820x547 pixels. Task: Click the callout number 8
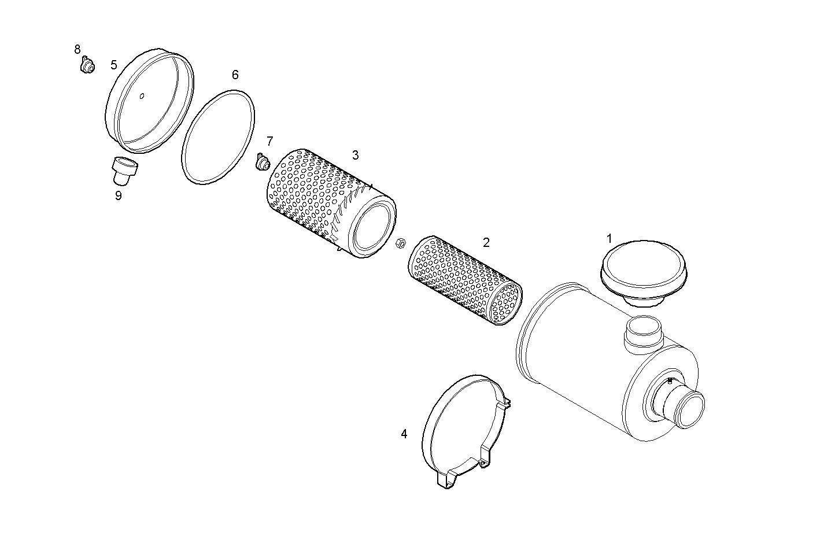pos(77,50)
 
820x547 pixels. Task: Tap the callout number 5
pos(114,65)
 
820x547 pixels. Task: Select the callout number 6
pos(235,75)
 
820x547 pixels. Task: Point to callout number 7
pos(269,141)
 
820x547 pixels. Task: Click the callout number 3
pos(355,155)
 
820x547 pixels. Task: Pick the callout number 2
pos(486,242)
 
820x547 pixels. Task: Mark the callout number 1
pos(609,238)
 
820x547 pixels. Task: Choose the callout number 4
pos(404,434)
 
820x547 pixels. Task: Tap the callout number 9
pos(118,195)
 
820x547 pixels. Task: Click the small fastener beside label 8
pos(87,66)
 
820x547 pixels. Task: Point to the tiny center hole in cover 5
pos(142,96)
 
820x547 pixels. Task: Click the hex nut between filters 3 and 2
pos(399,244)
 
